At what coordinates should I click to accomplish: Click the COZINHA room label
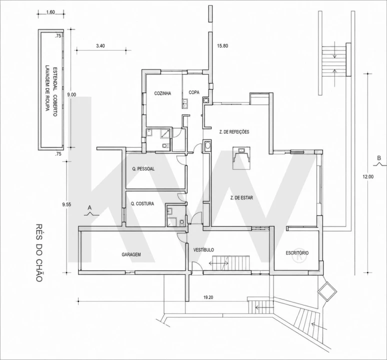pos(162,93)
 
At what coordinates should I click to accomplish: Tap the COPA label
pos(194,92)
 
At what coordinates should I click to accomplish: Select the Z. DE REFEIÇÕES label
pos(234,132)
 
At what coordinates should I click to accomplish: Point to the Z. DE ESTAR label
pos(241,197)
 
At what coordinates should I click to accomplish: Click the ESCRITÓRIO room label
pos(297,252)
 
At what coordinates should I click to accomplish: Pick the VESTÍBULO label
pos(203,250)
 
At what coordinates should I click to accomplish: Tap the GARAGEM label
pos(131,254)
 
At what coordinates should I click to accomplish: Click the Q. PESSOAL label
pos(143,169)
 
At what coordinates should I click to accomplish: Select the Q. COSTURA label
pos(142,203)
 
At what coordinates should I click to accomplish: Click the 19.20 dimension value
pos(208,297)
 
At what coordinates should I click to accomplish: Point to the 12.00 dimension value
pos(368,176)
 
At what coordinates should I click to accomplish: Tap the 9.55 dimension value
pos(66,204)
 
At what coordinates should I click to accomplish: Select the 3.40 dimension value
pos(100,46)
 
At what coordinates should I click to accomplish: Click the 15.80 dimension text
pos(222,46)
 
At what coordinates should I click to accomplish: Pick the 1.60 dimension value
pos(50,12)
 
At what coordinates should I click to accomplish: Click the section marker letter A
pos(89,208)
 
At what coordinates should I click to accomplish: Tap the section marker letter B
pos(379,158)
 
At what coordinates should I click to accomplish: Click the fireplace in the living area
pos(242,158)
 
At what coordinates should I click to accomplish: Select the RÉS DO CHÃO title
pos(39,252)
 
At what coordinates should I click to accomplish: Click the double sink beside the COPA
pos(185,103)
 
